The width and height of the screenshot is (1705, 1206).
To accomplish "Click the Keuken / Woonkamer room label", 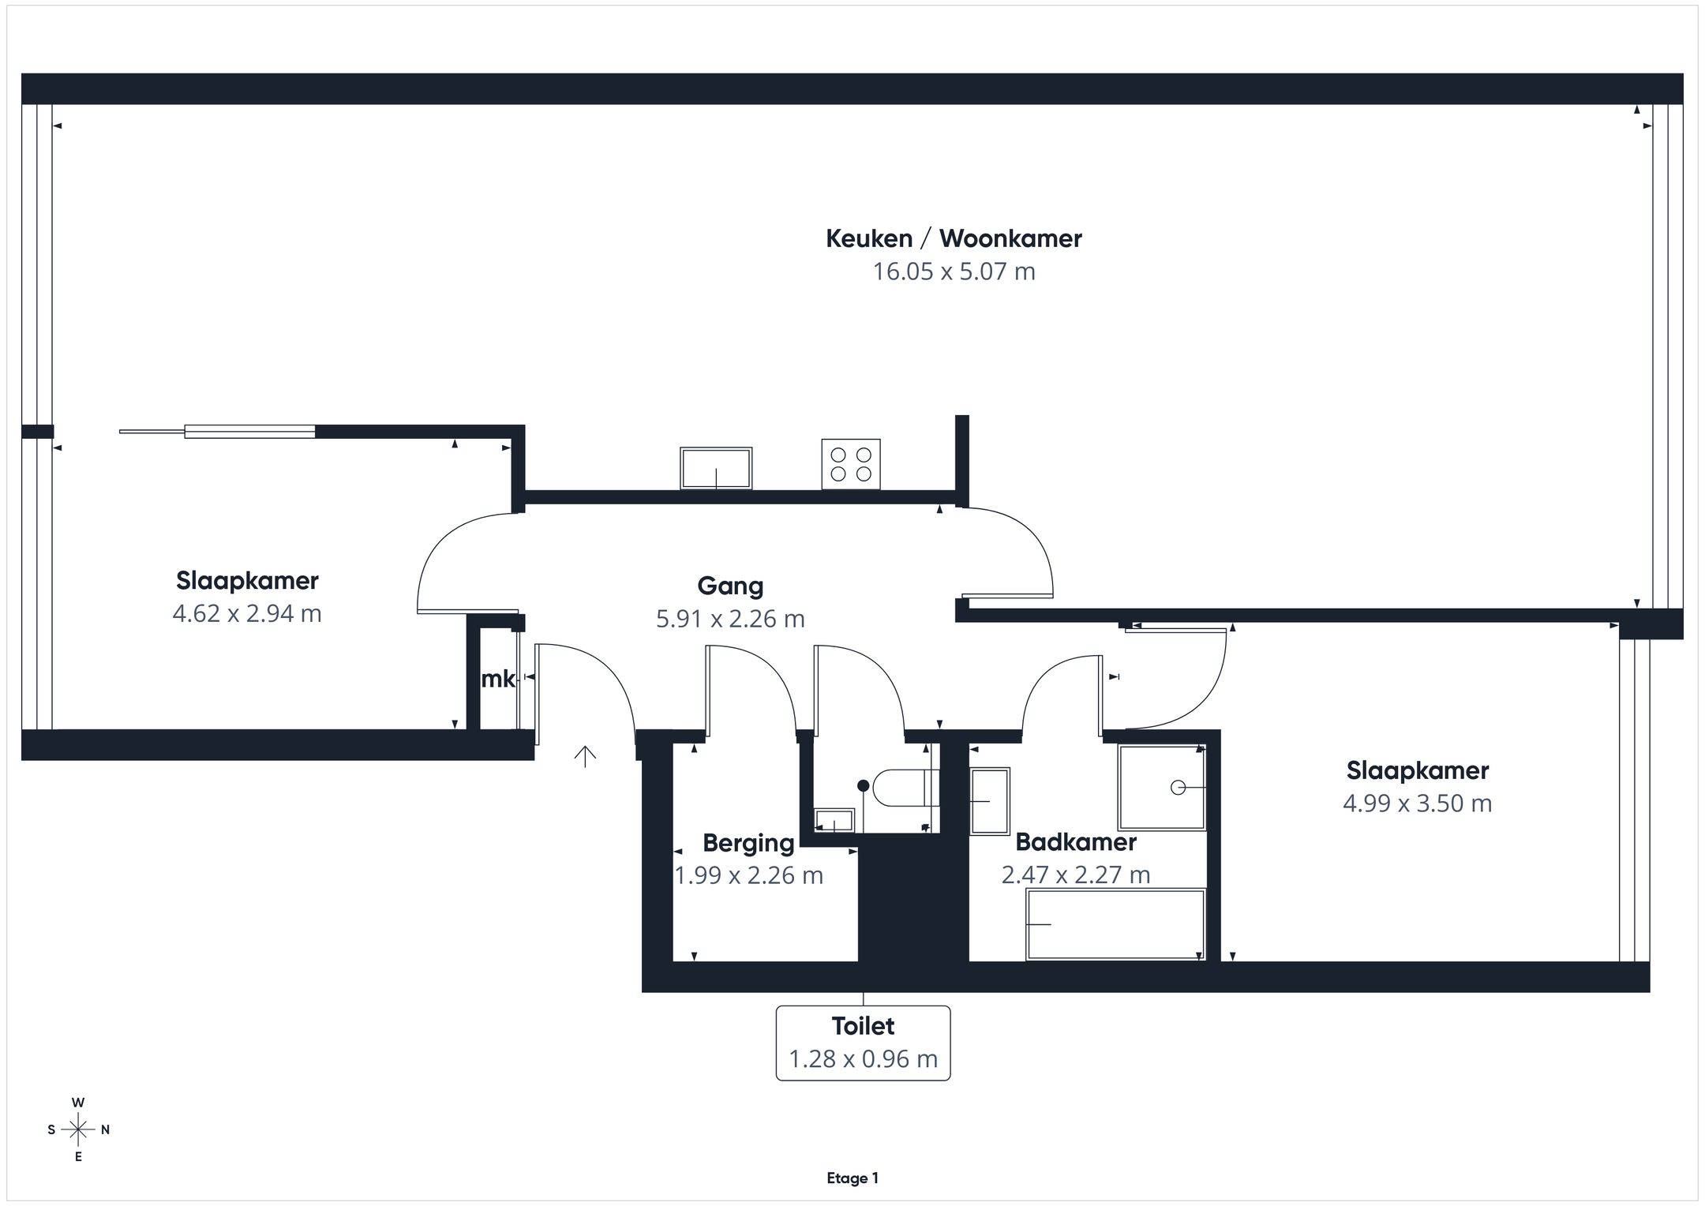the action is pos(954,238).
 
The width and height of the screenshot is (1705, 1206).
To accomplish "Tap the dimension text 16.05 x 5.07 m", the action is pos(954,272).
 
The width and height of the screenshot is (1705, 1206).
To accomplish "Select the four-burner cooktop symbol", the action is pos(851,464).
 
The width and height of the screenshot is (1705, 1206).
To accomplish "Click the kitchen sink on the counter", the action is pos(716,468).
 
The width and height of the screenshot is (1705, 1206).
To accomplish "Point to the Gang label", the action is pos(730,586).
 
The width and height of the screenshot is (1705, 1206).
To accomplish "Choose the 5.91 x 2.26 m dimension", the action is pos(730,619).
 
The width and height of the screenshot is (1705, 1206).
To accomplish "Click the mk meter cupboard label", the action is pos(498,679).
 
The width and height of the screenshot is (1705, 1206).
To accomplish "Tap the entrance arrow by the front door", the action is pos(585,756).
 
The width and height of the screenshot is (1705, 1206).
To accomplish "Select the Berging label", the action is pos(748,843).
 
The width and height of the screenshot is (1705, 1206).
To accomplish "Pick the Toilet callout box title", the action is pos(863,1026).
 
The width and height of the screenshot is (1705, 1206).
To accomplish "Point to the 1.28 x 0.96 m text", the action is pos(863,1058).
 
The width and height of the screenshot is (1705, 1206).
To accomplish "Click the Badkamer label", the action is pos(1076,842).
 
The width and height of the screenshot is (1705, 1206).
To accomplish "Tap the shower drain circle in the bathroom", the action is pos(1178,787).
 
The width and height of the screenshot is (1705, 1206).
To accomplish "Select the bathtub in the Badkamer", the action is pos(1115,924).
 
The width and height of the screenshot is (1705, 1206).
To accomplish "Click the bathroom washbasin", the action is pos(990,801).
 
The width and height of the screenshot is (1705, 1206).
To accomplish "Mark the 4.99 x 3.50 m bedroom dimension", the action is pos(1418,803).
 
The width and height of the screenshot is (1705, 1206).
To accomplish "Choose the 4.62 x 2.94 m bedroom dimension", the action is pos(247,613).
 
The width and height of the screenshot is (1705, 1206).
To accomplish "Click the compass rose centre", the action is pos(78,1129).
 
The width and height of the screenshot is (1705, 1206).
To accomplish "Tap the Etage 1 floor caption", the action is pos(852,1178).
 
